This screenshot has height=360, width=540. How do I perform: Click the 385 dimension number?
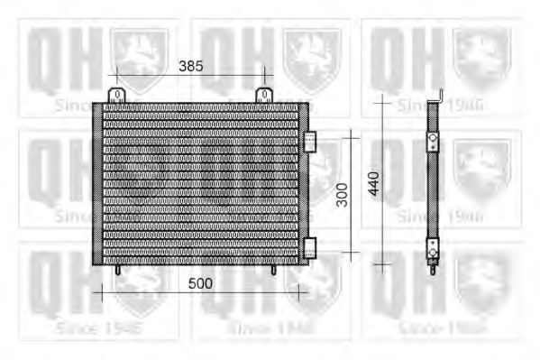click(x=191, y=65)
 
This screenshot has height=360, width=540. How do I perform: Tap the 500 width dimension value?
click(x=201, y=283)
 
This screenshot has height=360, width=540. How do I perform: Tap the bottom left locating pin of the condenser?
click(x=117, y=270)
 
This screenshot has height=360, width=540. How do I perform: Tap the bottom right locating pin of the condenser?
click(x=274, y=270)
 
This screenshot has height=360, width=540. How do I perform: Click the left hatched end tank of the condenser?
click(x=98, y=183)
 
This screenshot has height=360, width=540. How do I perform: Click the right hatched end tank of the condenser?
click(x=303, y=183)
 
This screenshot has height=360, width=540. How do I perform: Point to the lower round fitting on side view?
click(x=434, y=245)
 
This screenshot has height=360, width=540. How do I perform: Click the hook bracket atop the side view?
click(x=438, y=95)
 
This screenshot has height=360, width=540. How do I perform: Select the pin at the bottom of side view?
click(x=434, y=267)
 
